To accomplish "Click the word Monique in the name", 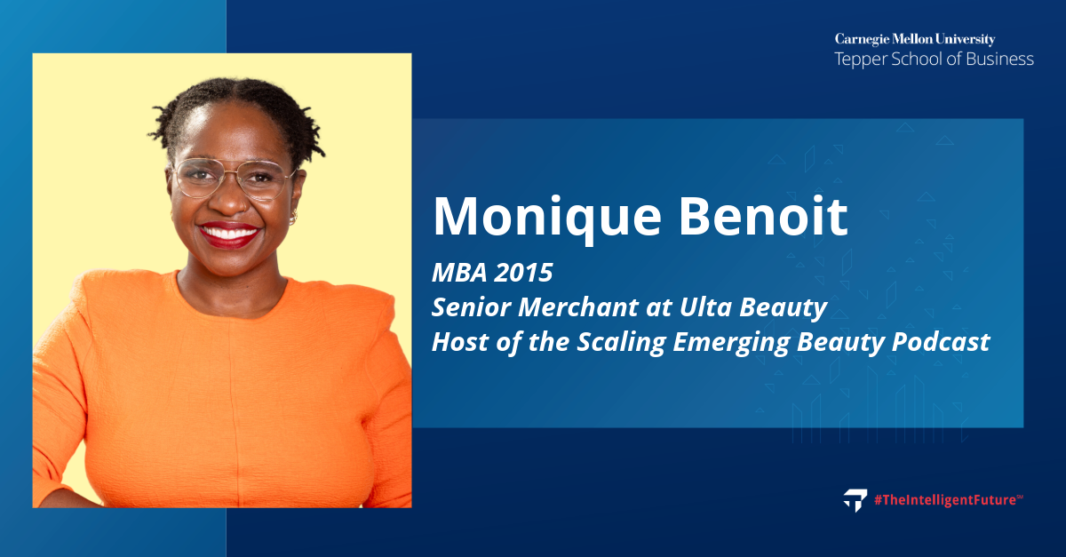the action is click(x=547, y=219).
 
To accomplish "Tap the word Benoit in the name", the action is click(x=763, y=216).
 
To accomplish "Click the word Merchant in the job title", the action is click(x=578, y=307).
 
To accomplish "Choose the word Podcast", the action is click(x=941, y=342).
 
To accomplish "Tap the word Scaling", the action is click(x=621, y=343).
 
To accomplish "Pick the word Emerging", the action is click(x=731, y=343).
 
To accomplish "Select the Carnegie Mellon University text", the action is click(x=915, y=39).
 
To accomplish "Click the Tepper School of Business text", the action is click(x=935, y=60).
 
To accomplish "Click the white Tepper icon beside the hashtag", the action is click(x=855, y=500).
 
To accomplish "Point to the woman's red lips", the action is click(x=229, y=235).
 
